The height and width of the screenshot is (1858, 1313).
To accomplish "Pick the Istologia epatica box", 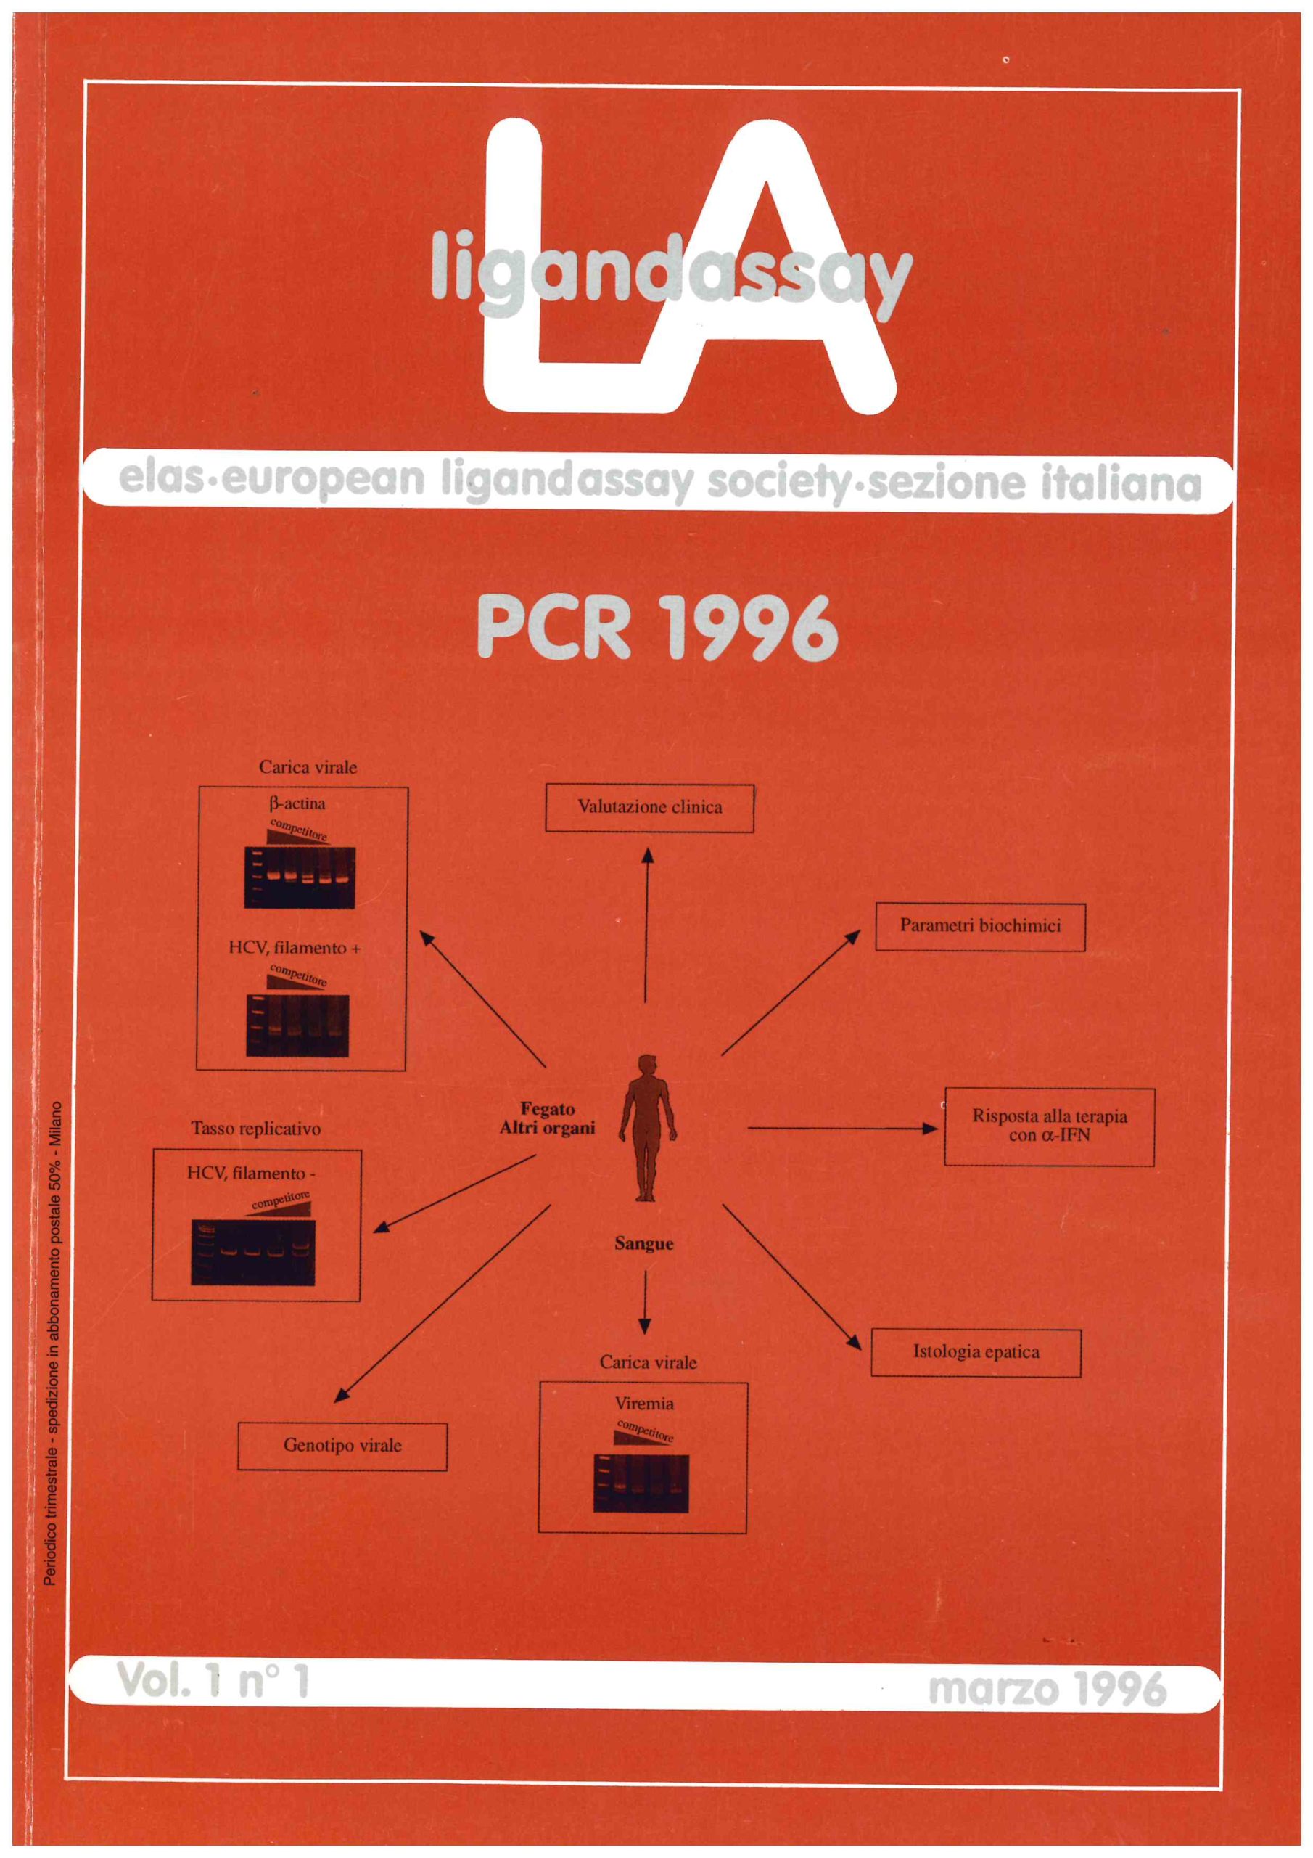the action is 976,1351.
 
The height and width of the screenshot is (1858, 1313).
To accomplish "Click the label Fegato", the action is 547,1110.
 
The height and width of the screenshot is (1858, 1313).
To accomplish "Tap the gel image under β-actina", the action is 300,877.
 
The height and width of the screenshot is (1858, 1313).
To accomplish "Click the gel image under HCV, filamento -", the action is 253,1252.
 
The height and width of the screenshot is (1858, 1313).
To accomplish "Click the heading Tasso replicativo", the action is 255,1128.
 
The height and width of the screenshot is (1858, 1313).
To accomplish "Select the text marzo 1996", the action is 1047,1690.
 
